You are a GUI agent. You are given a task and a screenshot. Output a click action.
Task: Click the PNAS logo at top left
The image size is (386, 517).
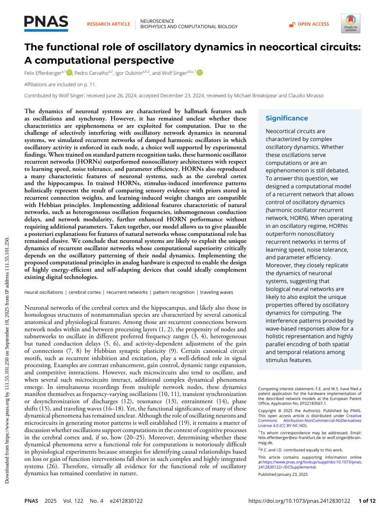[x=46, y=23]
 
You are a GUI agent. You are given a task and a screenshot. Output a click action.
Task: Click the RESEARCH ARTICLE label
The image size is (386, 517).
[x=108, y=24]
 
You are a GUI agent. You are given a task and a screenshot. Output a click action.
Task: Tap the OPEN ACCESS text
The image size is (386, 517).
[x=313, y=24]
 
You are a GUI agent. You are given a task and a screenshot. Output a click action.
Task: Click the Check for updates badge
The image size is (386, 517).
[x=351, y=24]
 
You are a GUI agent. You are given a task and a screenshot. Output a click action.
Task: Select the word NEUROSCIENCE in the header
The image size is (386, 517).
[x=157, y=21]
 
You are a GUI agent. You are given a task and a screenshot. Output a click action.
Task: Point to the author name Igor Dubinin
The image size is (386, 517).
[x=129, y=73]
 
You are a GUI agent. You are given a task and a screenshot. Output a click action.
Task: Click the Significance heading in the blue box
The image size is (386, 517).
[x=287, y=118]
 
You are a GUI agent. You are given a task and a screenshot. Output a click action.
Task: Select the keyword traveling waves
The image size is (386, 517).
[x=216, y=292]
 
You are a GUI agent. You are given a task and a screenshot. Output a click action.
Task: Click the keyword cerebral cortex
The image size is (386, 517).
[x=85, y=292]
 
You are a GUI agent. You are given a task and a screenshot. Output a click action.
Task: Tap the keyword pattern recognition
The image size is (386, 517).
[x=174, y=292]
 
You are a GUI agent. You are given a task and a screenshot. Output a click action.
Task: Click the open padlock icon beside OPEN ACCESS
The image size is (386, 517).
[x=292, y=24]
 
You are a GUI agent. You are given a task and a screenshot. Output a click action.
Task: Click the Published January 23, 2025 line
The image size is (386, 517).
[x=283, y=474]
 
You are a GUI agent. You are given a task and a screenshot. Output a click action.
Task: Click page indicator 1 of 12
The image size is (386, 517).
[x=367, y=501]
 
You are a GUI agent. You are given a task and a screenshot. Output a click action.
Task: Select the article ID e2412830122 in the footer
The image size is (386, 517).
[x=126, y=501]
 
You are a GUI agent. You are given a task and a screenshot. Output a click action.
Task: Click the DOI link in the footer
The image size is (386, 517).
[x=299, y=501]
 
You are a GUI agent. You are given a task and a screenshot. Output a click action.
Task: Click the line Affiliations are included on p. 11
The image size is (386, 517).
[x=60, y=84]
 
